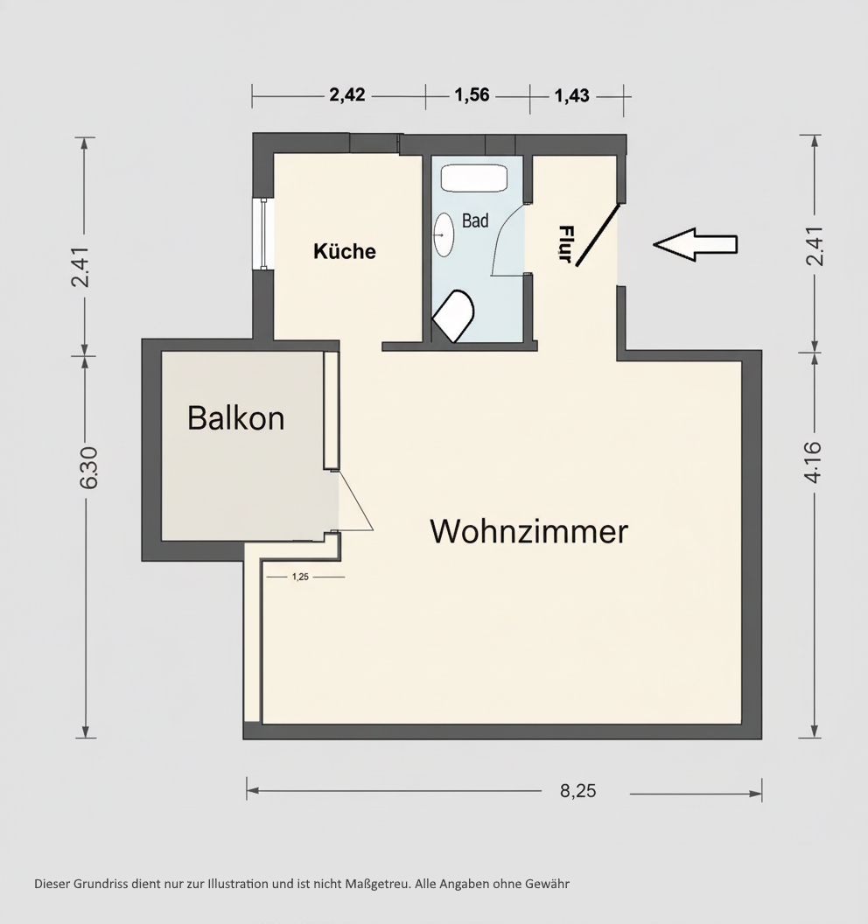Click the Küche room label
click(345, 252)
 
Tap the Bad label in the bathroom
click(475, 221)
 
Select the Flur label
click(566, 244)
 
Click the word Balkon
click(235, 418)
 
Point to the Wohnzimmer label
click(528, 531)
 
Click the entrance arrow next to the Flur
click(696, 245)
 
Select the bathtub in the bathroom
click(473, 178)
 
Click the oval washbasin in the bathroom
click(444, 234)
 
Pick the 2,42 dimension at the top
click(346, 95)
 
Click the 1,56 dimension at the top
click(472, 95)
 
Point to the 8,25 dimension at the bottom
click(577, 791)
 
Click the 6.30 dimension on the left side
click(87, 470)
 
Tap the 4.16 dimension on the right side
click(813, 461)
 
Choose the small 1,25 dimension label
click(300, 577)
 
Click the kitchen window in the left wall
click(262, 234)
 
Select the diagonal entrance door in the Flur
click(598, 234)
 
